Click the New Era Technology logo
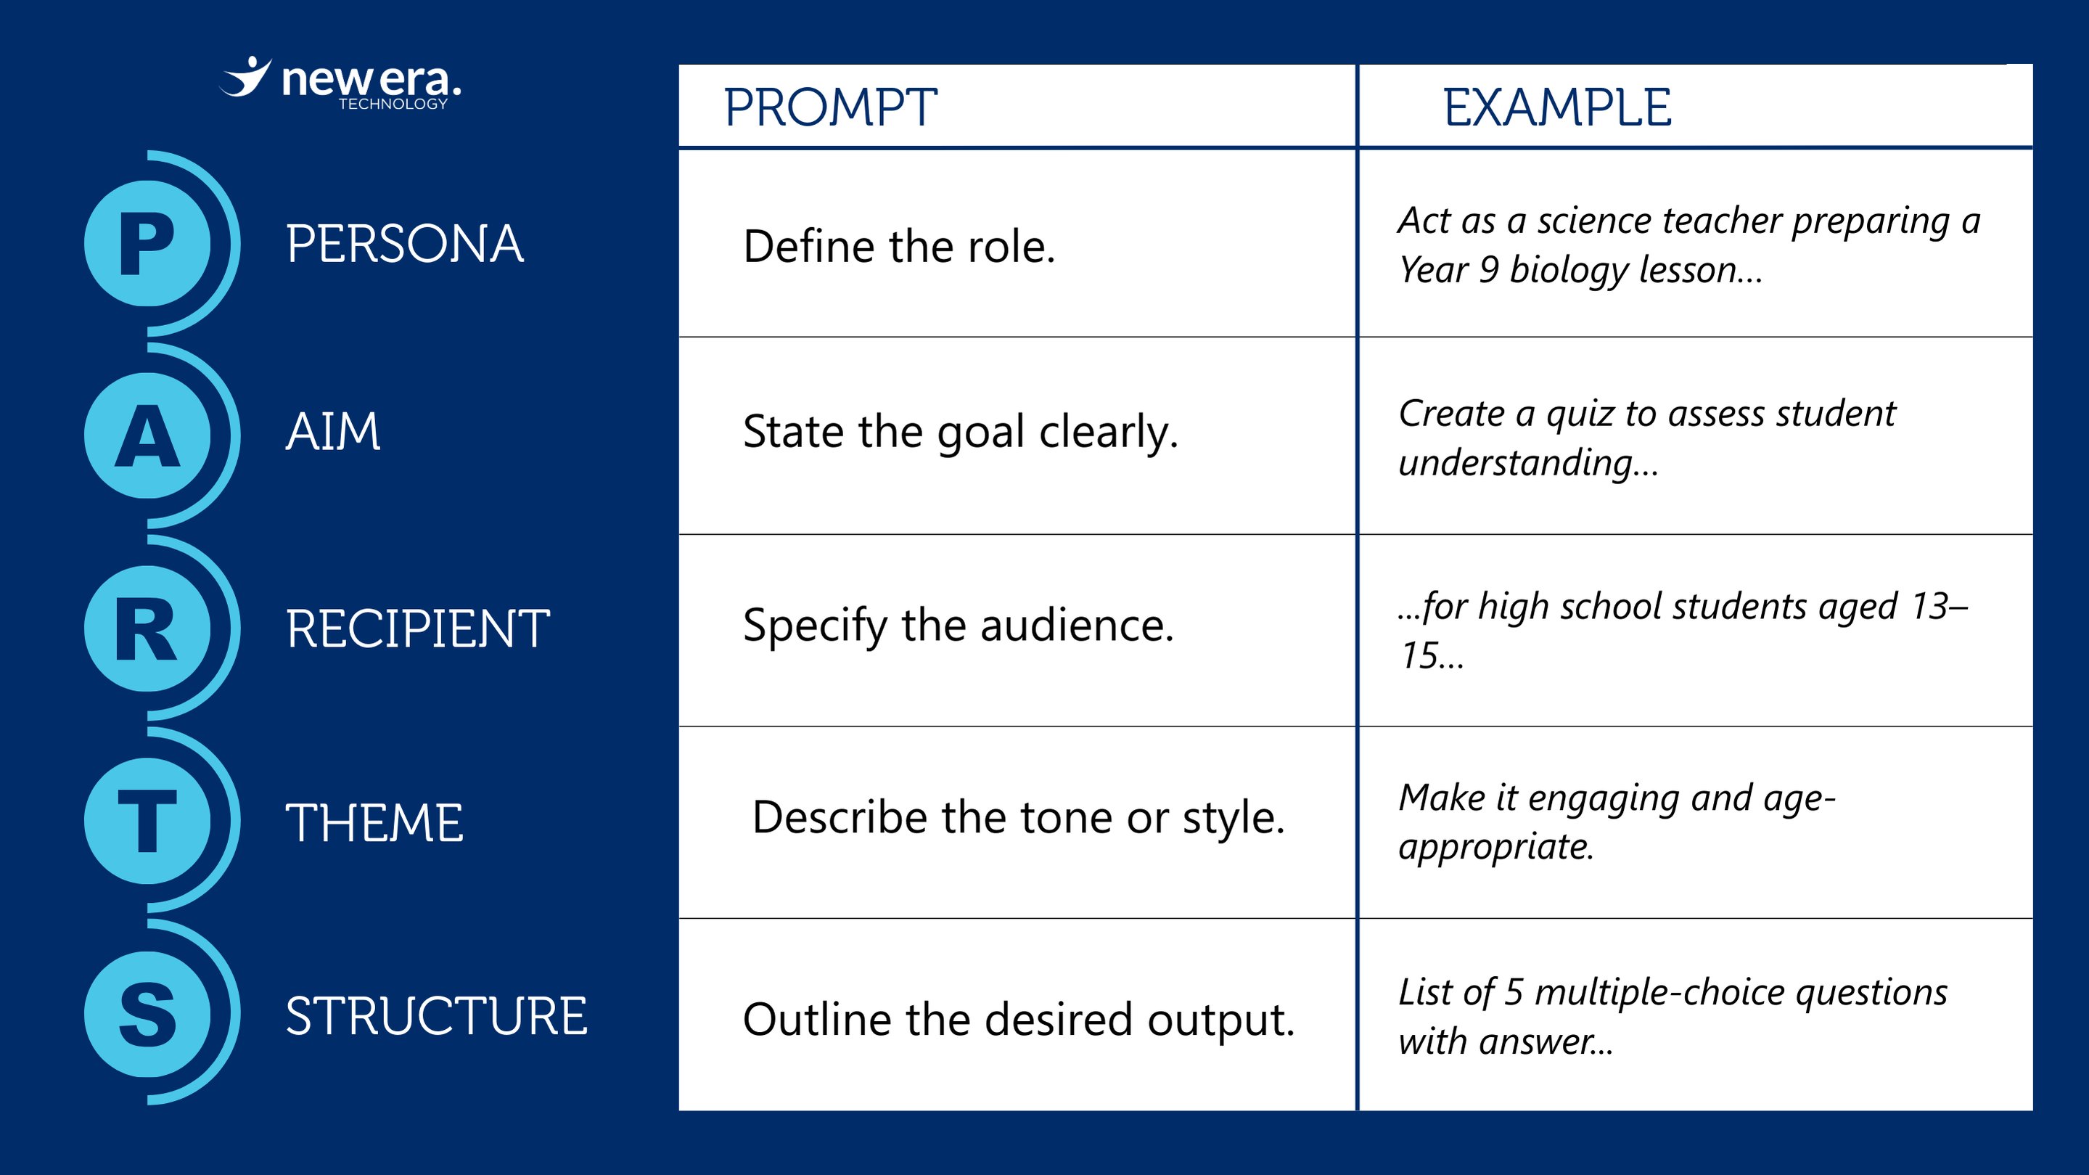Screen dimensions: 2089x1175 click(x=340, y=83)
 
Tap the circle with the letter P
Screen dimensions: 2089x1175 click(x=147, y=243)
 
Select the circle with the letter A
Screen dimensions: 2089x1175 click(x=147, y=435)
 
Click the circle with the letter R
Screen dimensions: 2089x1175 click(x=147, y=629)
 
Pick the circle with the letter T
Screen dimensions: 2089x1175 click(x=147, y=821)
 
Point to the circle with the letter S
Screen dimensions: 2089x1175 click(x=147, y=1014)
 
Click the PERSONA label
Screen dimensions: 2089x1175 click(x=405, y=244)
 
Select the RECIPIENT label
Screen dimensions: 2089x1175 click(x=418, y=629)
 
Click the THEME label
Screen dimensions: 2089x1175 click(x=374, y=823)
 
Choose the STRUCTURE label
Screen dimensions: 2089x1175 click(x=436, y=1016)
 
